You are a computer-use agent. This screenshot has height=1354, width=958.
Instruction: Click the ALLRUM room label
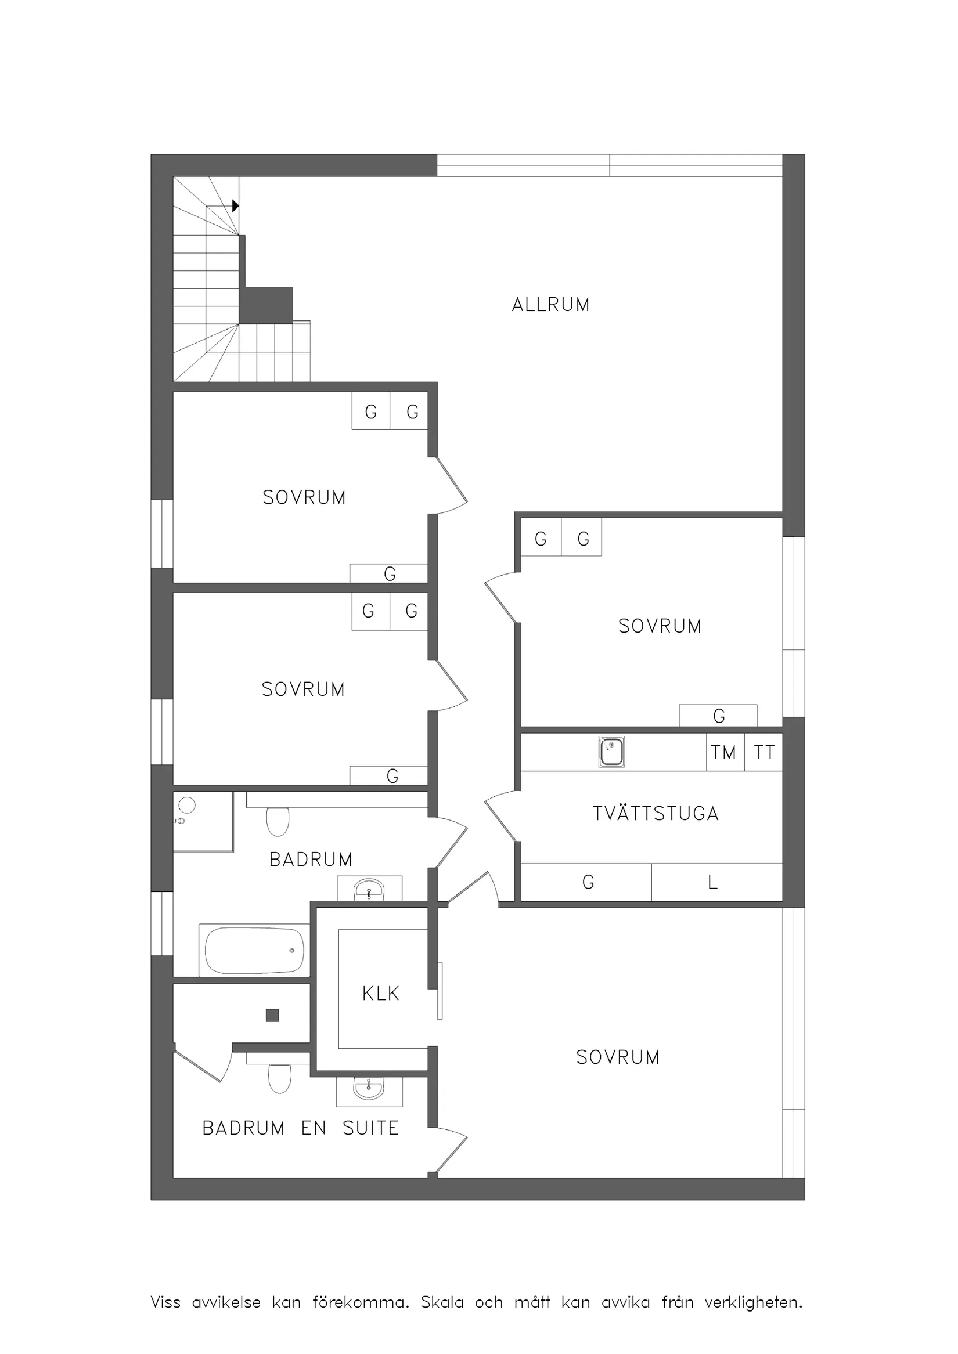pyautogui.click(x=550, y=305)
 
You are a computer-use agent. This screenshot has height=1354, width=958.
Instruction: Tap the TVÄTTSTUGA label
pyautogui.click(x=656, y=813)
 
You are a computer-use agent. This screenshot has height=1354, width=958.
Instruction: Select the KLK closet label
pyautogui.click(x=380, y=994)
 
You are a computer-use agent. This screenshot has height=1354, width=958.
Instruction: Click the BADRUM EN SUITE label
pyautogui.click(x=300, y=1128)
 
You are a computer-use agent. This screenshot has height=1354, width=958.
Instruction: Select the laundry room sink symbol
pyautogui.click(x=612, y=752)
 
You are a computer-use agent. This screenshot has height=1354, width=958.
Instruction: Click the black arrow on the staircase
pyautogui.click(x=235, y=206)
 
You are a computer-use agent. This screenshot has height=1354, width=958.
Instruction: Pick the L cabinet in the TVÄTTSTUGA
pyautogui.click(x=716, y=882)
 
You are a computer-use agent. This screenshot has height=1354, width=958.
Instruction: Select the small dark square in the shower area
pyautogui.click(x=272, y=1016)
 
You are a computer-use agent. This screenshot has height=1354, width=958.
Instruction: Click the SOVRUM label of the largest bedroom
pyautogui.click(x=618, y=1057)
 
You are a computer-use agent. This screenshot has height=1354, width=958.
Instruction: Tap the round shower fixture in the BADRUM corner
pyautogui.click(x=187, y=805)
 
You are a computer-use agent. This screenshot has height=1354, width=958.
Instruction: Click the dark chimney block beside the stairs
pyautogui.click(x=266, y=305)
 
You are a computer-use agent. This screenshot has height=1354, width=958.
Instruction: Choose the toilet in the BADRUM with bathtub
pyautogui.click(x=278, y=822)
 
